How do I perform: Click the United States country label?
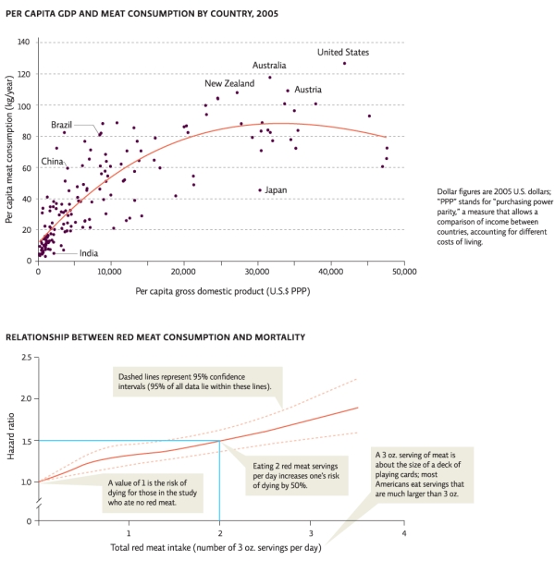[x=343, y=53]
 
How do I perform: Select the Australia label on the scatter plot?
[x=269, y=66]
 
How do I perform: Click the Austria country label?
[x=308, y=90]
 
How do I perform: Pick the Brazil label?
[x=61, y=124]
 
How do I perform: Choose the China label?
[x=52, y=162]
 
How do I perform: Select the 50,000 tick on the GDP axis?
[x=404, y=273]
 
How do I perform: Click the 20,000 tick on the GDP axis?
[x=184, y=273]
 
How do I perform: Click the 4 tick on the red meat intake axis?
[x=403, y=533]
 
